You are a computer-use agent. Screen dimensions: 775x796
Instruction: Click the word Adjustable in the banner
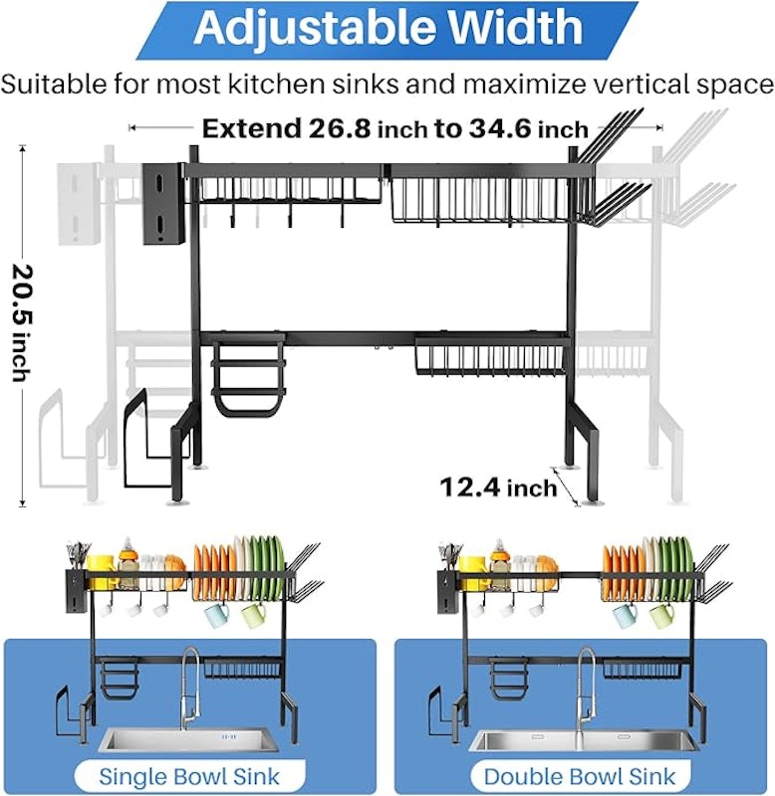(314, 28)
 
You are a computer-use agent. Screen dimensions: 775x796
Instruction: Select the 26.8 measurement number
(340, 128)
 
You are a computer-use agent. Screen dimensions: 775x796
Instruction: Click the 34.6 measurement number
(501, 128)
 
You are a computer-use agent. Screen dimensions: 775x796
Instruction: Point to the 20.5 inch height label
(21, 322)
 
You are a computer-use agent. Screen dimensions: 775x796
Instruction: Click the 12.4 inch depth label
(498, 488)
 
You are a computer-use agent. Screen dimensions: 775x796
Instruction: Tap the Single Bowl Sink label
(189, 777)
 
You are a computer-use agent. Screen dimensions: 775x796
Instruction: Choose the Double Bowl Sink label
(580, 777)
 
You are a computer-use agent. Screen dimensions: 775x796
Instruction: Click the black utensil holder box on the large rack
(163, 204)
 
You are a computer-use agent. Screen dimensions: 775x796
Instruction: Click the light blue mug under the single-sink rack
(216, 616)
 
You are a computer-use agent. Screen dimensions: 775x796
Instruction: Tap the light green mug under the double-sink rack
(661, 616)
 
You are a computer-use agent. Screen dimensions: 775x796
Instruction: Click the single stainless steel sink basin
(189, 740)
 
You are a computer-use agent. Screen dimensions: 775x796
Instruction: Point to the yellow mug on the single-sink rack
(102, 567)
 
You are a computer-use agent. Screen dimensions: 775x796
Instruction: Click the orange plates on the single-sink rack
(213, 568)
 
